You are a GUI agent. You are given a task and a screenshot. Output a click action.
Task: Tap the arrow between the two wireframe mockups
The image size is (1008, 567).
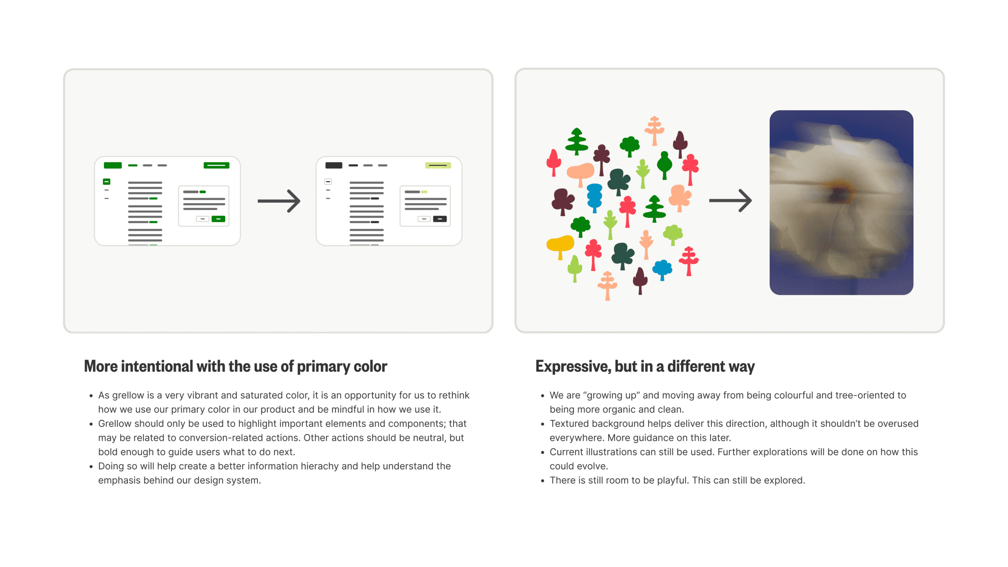(x=279, y=201)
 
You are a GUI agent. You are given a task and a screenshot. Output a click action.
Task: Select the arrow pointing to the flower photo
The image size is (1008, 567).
(x=730, y=200)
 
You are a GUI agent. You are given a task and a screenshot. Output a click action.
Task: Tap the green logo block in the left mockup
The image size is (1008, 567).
(x=113, y=165)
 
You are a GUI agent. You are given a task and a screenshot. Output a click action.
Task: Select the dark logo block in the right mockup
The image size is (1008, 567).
(x=334, y=165)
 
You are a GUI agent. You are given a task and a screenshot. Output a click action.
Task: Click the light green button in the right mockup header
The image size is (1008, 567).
(x=438, y=165)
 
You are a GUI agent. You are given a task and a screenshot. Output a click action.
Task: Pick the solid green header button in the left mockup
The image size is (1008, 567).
(x=216, y=165)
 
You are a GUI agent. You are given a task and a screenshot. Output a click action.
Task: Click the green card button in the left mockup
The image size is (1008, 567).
(x=218, y=219)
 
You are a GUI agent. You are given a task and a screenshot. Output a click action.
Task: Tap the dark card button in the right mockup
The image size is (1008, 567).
(x=440, y=219)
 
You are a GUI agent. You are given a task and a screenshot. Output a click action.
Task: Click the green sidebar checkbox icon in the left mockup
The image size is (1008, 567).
(x=106, y=182)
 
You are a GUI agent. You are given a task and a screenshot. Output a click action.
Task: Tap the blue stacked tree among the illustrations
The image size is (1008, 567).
(x=594, y=197)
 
